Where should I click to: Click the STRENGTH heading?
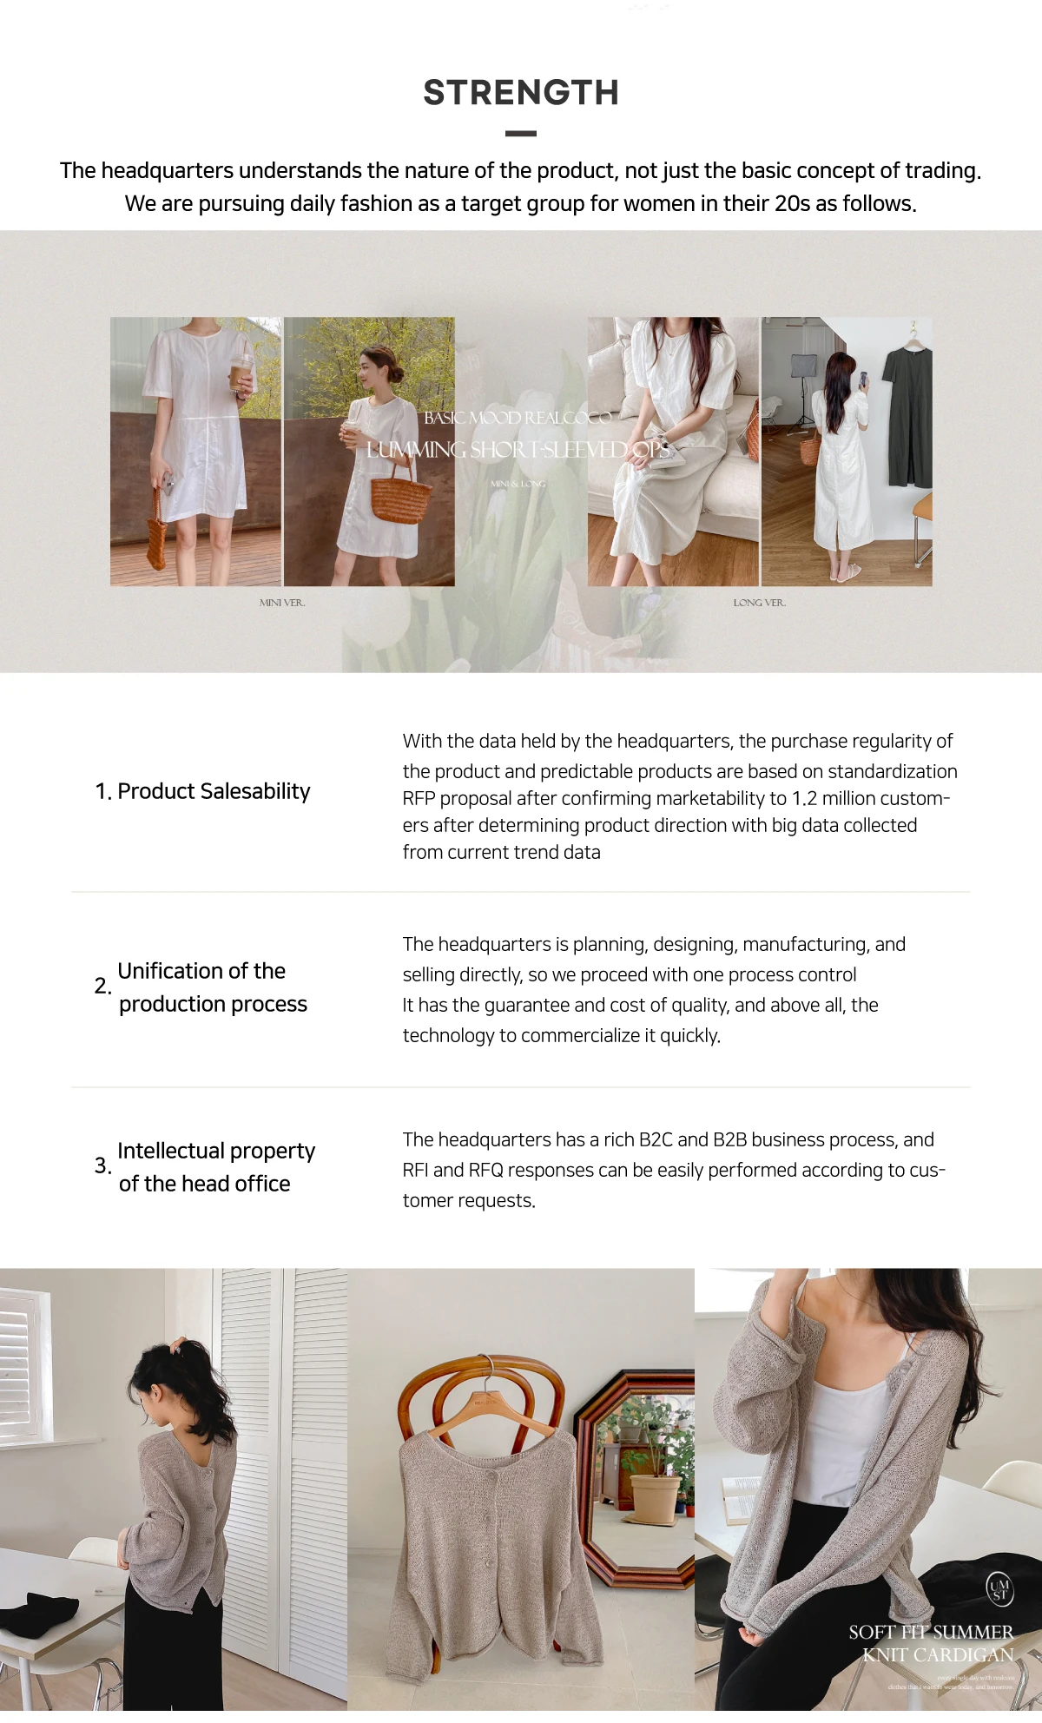click(521, 93)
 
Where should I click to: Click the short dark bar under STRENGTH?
click(521, 134)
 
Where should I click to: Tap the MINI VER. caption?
click(282, 603)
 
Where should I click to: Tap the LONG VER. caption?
click(760, 603)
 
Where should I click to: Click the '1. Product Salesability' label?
click(202, 791)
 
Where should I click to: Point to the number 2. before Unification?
click(102, 986)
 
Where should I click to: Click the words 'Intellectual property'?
click(216, 1151)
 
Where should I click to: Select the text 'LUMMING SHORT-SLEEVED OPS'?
click(518, 450)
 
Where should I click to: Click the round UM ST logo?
click(999, 1589)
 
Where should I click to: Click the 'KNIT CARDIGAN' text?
click(938, 1655)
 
